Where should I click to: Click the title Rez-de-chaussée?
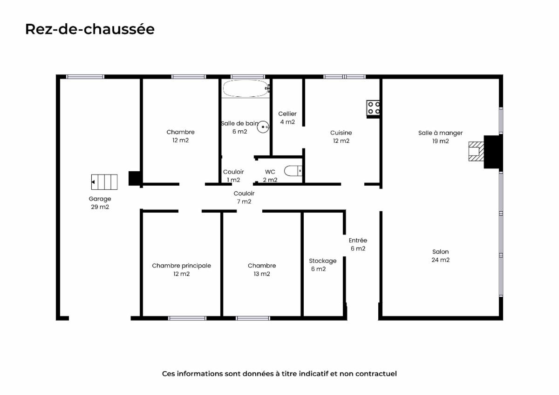(x=90, y=29)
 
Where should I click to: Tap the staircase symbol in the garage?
(x=104, y=182)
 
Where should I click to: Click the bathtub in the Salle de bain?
(x=246, y=88)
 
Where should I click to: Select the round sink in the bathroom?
(x=263, y=127)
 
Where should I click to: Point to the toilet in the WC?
(x=293, y=171)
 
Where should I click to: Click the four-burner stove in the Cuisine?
(x=373, y=107)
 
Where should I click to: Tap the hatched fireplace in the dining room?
(x=476, y=151)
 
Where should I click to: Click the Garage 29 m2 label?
(x=100, y=203)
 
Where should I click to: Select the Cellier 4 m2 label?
(x=287, y=118)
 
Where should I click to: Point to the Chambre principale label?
(x=181, y=266)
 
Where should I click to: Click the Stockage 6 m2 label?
(x=323, y=265)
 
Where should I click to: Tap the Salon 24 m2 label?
(x=441, y=256)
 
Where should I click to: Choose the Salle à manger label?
(x=441, y=133)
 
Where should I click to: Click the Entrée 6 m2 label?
(x=358, y=244)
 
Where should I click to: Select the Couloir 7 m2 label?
(x=244, y=197)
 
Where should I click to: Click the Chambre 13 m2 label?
(x=262, y=270)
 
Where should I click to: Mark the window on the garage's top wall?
(x=85, y=77)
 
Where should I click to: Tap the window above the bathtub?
(x=247, y=77)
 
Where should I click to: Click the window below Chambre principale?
(x=187, y=318)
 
